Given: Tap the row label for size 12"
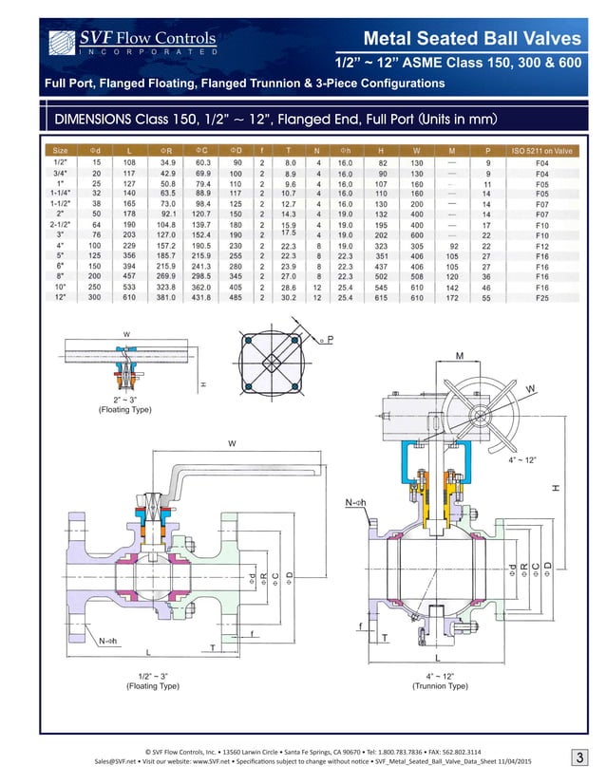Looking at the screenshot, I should (60, 297).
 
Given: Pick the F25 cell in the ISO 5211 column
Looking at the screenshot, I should (541, 297).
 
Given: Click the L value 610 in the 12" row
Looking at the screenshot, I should (129, 297).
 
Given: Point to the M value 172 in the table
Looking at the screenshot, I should (452, 297).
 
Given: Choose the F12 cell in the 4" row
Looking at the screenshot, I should (541, 245).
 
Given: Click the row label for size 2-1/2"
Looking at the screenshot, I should (60, 224).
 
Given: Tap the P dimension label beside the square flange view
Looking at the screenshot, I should (330, 341).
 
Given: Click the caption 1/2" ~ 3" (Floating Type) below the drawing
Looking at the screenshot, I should (153, 680).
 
